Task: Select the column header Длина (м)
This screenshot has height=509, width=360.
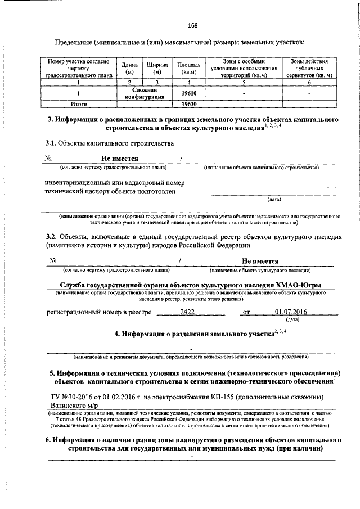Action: point(129,69)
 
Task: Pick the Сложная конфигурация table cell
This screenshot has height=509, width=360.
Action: point(148,93)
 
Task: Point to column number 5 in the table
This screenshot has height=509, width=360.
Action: point(244,82)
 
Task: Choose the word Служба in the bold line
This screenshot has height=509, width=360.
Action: point(74,287)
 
